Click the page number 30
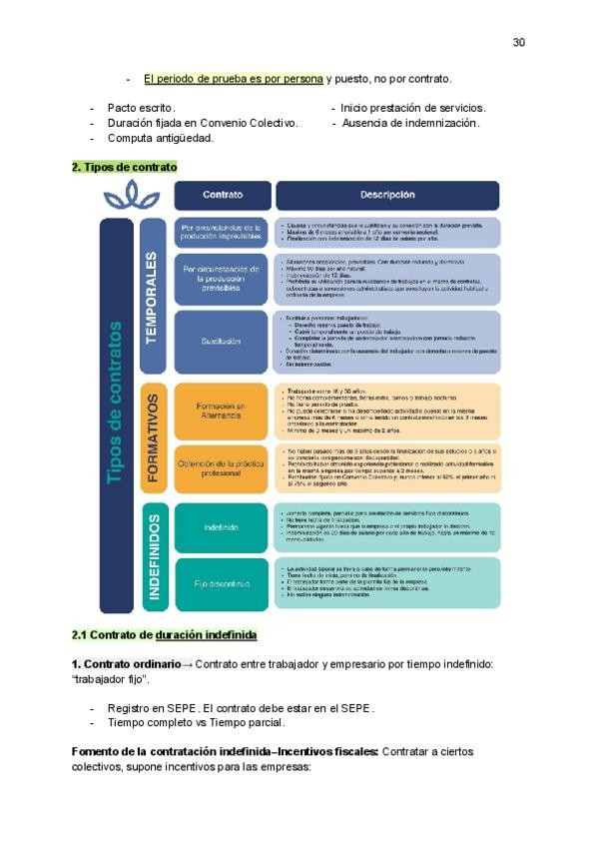pos(518,42)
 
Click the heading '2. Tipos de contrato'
pos(124,167)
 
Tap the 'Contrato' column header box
pos(222,195)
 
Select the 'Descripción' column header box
pos(387,195)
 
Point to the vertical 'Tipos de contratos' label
pos(115,402)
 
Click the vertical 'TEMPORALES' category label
pos(152,297)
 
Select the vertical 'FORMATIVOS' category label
pos(152,437)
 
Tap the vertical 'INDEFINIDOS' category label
pos(153,555)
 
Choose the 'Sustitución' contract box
pos(222,342)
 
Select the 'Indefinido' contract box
pos(222,526)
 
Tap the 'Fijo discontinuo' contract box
pos(222,583)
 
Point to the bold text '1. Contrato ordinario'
pos(125,664)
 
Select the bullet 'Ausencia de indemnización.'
pos(409,123)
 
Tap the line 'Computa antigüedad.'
pos(160,138)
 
